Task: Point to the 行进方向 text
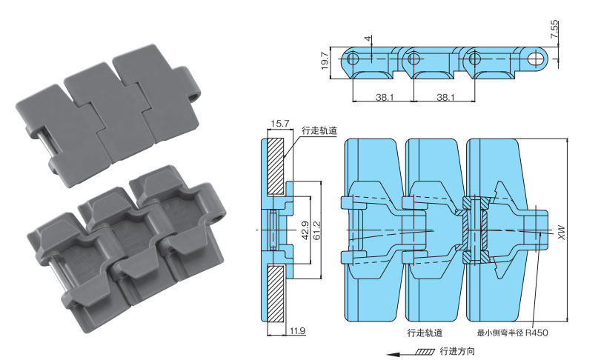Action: click(458, 350)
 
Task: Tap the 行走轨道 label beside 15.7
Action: click(319, 131)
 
